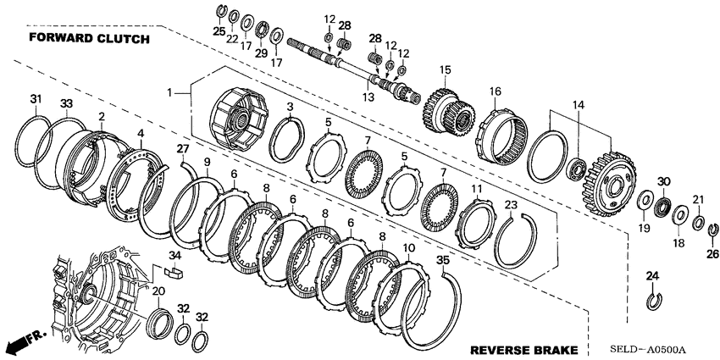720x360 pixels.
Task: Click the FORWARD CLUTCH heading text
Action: click(x=89, y=39)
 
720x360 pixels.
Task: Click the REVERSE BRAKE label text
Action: click(x=524, y=349)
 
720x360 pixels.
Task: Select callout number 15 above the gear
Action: click(x=444, y=69)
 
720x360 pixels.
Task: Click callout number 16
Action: click(x=495, y=91)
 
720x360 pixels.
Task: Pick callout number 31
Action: click(x=35, y=99)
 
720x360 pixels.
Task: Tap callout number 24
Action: click(x=651, y=275)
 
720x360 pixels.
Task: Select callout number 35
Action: click(x=442, y=260)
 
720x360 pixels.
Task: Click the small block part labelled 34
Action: click(x=176, y=272)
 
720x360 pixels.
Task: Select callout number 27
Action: click(x=181, y=149)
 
